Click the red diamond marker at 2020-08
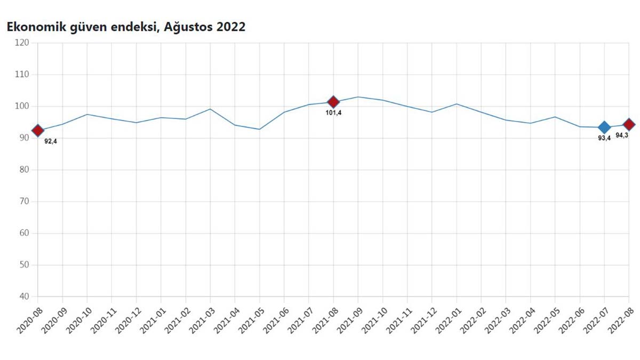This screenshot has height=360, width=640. [38, 131]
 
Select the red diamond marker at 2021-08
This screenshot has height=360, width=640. [333, 102]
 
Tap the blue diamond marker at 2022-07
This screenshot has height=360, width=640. [604, 127]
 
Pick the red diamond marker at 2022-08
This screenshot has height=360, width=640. [629, 124]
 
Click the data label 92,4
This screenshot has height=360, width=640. [51, 141]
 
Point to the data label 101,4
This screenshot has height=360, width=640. [333, 113]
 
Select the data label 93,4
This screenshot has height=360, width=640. [604, 138]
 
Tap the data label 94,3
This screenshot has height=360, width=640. [622, 135]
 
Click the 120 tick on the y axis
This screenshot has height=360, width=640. [22, 43]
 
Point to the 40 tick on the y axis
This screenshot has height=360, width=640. [25, 297]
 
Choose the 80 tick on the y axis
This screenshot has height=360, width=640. [25, 170]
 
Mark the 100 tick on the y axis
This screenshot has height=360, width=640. [22, 107]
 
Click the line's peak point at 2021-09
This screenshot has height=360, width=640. [358, 97]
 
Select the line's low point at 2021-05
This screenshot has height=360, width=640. [260, 129]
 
